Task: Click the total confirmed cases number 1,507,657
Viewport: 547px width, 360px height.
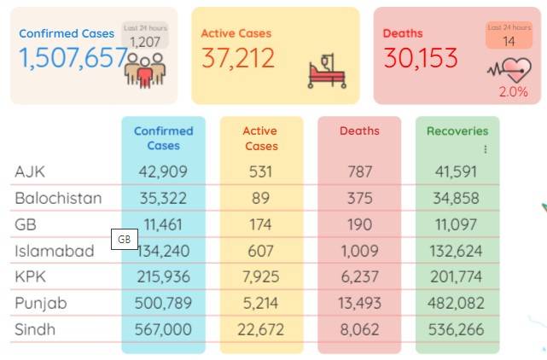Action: [x=73, y=58]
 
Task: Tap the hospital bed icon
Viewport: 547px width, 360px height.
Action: [x=327, y=71]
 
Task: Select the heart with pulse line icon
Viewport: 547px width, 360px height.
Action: [x=509, y=70]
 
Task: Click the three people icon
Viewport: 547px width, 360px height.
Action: [x=145, y=71]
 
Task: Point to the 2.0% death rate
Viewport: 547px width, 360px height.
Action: [x=513, y=92]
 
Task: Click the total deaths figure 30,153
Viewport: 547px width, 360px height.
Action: [x=421, y=58]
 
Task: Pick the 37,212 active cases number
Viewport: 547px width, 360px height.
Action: [x=238, y=58]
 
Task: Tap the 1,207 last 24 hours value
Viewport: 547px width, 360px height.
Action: [x=145, y=42]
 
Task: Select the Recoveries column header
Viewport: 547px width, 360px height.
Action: [x=457, y=131]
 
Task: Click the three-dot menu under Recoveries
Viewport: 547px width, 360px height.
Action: [x=486, y=149]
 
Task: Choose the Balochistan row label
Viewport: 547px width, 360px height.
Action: [x=58, y=198]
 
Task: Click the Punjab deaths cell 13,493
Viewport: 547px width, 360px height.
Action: [x=359, y=303]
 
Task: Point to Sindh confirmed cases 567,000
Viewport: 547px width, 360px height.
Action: [x=163, y=329]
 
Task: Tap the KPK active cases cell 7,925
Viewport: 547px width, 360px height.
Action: [x=261, y=276]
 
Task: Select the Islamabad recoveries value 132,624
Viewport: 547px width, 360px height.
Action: [x=456, y=251]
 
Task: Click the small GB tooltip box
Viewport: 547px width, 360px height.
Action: [x=125, y=240]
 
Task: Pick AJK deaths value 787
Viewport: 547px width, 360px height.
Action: [x=359, y=171]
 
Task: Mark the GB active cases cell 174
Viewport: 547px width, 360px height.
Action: [x=260, y=224]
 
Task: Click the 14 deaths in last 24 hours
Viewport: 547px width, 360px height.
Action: [x=509, y=42]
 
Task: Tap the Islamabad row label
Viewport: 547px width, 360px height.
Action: [x=55, y=251]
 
